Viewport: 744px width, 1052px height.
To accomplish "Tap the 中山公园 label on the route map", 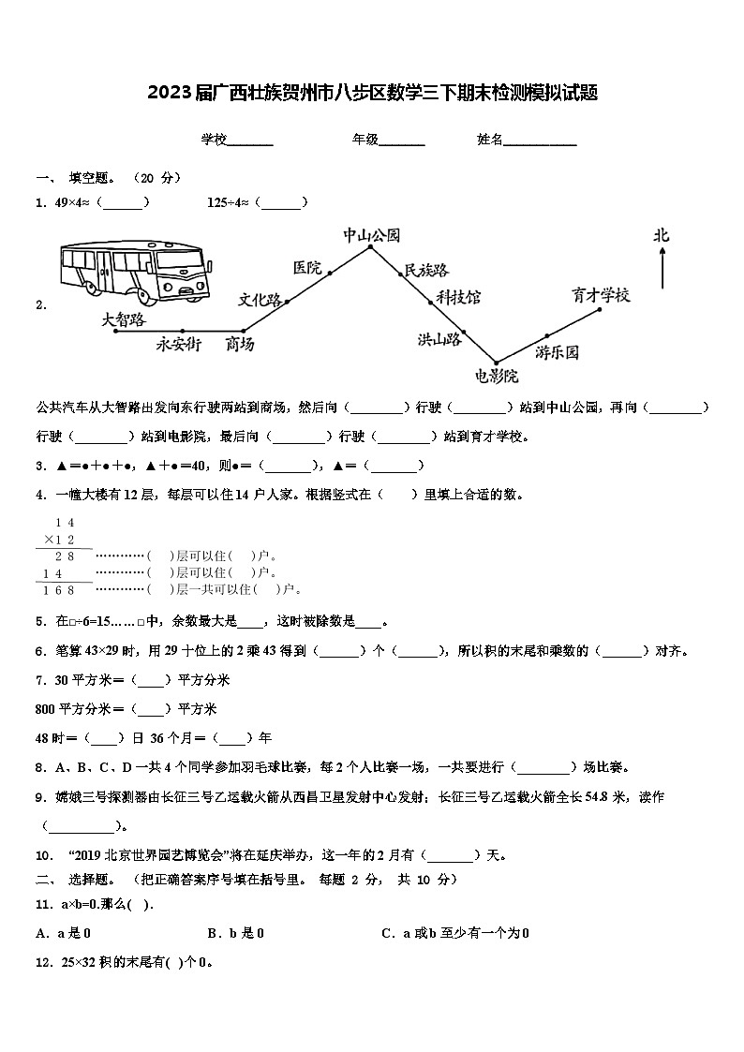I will (371, 235).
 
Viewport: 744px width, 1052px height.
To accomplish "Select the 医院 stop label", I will (306, 268).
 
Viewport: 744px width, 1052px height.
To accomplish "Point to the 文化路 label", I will (260, 300).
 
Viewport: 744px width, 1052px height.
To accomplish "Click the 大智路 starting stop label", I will (124, 319).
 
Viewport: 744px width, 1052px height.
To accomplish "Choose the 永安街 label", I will (178, 344).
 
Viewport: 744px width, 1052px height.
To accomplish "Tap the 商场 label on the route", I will (240, 345).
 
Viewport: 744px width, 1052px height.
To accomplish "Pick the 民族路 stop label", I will (425, 271).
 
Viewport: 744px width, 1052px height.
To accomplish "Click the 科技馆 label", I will (458, 297).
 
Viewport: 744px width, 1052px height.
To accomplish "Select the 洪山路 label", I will (439, 339).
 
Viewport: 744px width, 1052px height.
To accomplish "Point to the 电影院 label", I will (496, 377).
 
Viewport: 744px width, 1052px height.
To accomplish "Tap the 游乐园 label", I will (558, 352).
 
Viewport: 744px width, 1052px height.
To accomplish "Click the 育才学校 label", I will (601, 295).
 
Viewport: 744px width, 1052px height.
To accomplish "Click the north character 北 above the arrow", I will (662, 236).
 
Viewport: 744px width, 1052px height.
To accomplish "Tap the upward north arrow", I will (662, 269).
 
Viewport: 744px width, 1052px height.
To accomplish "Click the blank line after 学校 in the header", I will (250, 143).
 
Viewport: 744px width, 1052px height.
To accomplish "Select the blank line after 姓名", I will (540, 143).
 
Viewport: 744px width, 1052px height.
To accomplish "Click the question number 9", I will (41, 797).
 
